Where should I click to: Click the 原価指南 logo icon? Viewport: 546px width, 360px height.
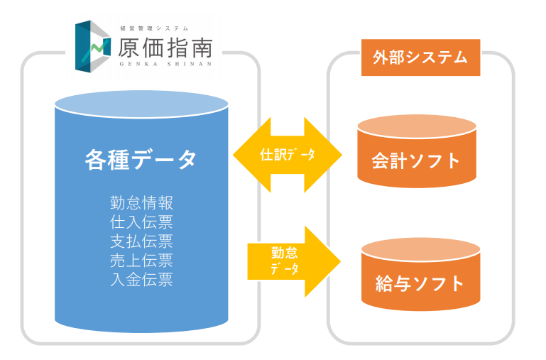[x=92, y=46]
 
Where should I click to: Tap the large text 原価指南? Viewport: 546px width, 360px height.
[x=165, y=48]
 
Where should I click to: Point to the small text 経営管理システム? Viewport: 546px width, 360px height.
[x=154, y=28]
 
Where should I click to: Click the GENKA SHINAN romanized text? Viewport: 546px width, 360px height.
[x=165, y=64]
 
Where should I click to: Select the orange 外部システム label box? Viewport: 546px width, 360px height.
[x=420, y=58]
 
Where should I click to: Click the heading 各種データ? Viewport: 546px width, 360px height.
[x=141, y=160]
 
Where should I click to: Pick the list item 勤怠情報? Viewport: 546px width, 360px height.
[x=141, y=203]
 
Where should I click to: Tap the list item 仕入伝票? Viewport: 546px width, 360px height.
[x=141, y=222]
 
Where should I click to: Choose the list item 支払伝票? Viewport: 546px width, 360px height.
[x=141, y=241]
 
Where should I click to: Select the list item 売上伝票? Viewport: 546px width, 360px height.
[x=141, y=261]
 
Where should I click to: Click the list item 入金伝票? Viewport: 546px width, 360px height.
[x=141, y=280]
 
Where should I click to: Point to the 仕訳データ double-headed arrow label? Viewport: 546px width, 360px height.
[x=288, y=155]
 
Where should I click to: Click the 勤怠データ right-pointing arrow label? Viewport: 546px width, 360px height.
[x=285, y=261]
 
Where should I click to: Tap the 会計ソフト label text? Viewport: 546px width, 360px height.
[x=416, y=161]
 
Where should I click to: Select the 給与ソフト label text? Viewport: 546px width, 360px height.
[x=420, y=284]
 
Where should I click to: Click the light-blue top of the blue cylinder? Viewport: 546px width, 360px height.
[x=141, y=104]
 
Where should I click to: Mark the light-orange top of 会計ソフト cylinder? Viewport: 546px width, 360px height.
[x=417, y=126]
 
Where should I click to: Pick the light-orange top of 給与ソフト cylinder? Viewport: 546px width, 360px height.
[x=420, y=250]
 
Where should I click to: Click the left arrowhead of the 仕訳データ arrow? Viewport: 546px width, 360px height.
[x=252, y=155]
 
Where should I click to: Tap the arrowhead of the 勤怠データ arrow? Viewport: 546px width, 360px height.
[x=322, y=261]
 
